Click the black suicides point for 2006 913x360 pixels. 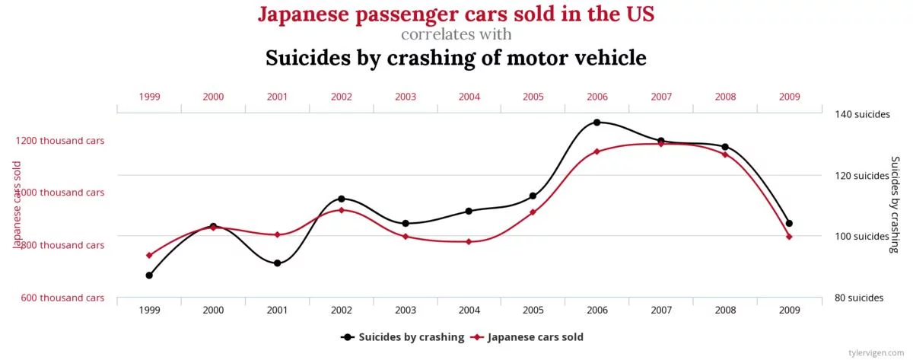coord(596,123)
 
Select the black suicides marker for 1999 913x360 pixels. coord(149,275)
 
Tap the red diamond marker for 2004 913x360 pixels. coord(469,241)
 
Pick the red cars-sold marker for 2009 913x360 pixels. coord(789,237)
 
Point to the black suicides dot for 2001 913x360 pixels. coord(277,263)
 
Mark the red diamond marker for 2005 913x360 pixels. coord(533,212)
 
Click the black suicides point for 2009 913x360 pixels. coord(789,223)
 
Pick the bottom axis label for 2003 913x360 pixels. coord(406,311)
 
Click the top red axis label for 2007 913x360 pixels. coord(661,97)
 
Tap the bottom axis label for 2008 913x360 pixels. coord(725,311)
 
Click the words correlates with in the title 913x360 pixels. coord(456,34)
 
